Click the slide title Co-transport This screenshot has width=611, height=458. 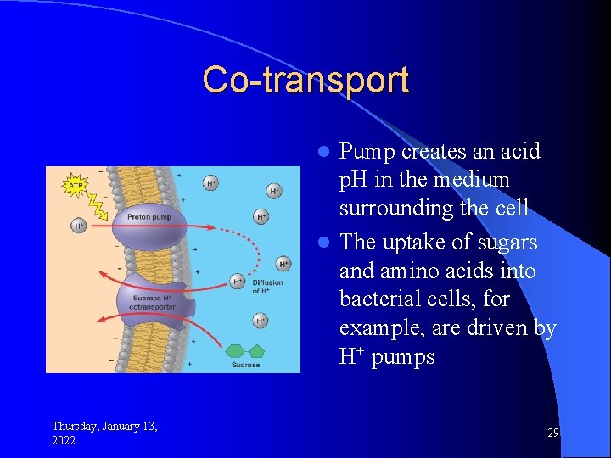[x=305, y=80]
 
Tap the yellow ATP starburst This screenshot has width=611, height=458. [x=76, y=183]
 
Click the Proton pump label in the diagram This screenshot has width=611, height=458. [x=149, y=217]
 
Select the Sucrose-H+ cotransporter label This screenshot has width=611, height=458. [x=154, y=301]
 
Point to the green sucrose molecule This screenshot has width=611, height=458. [x=246, y=349]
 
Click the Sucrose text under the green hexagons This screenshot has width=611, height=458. [x=245, y=365]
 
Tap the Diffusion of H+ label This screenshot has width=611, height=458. [x=267, y=287]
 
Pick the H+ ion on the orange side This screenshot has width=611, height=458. [x=79, y=226]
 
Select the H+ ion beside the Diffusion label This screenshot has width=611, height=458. [x=238, y=281]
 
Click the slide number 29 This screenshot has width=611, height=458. [x=552, y=433]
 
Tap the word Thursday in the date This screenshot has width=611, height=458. [x=77, y=426]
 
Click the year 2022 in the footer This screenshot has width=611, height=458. [x=64, y=441]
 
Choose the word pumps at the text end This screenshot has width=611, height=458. [x=403, y=356]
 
